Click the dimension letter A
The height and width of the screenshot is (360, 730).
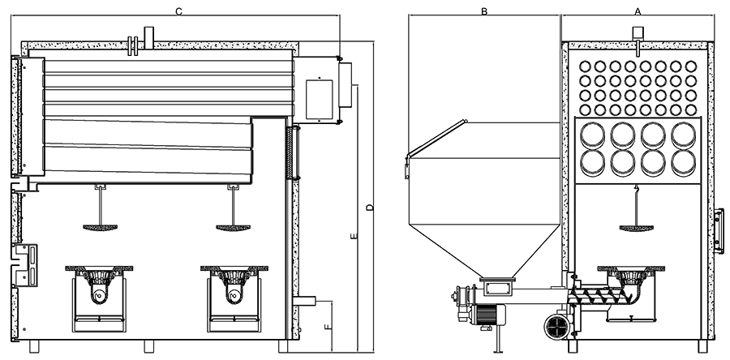(x=638, y=11)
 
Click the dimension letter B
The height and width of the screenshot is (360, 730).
(x=483, y=11)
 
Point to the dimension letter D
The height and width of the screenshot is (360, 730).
(x=369, y=209)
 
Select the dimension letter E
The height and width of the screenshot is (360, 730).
(x=353, y=238)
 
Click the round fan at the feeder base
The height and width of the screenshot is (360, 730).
(x=557, y=325)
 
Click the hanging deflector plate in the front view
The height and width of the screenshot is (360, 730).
(x=638, y=227)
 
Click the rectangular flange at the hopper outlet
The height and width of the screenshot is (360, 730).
(x=497, y=285)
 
